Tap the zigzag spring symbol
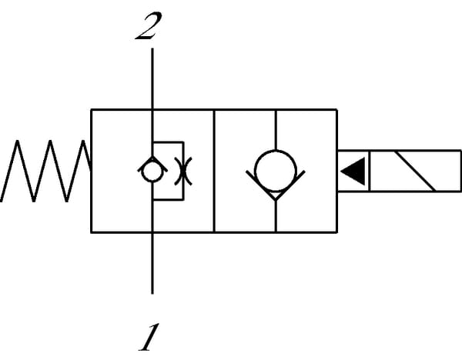[46, 172]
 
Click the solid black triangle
[353, 171]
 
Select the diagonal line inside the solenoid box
[413, 171]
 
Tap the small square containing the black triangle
[353, 171]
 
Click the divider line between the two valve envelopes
[213, 171]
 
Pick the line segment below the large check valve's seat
[275, 215]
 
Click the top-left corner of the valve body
[92, 110]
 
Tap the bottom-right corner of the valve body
[337, 231]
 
